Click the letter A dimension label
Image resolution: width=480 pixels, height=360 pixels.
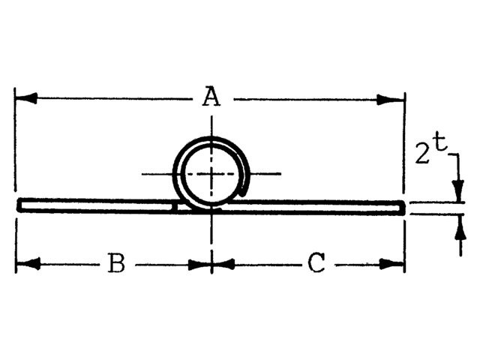(x=212, y=97)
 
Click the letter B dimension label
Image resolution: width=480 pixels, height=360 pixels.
(x=115, y=264)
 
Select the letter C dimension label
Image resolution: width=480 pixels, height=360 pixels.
(x=316, y=264)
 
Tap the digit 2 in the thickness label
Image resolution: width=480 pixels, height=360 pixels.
(x=422, y=155)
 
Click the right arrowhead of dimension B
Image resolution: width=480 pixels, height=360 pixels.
(x=200, y=264)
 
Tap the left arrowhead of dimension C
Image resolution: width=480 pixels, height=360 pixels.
(x=223, y=264)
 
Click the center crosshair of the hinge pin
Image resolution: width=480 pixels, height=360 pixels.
(x=212, y=174)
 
